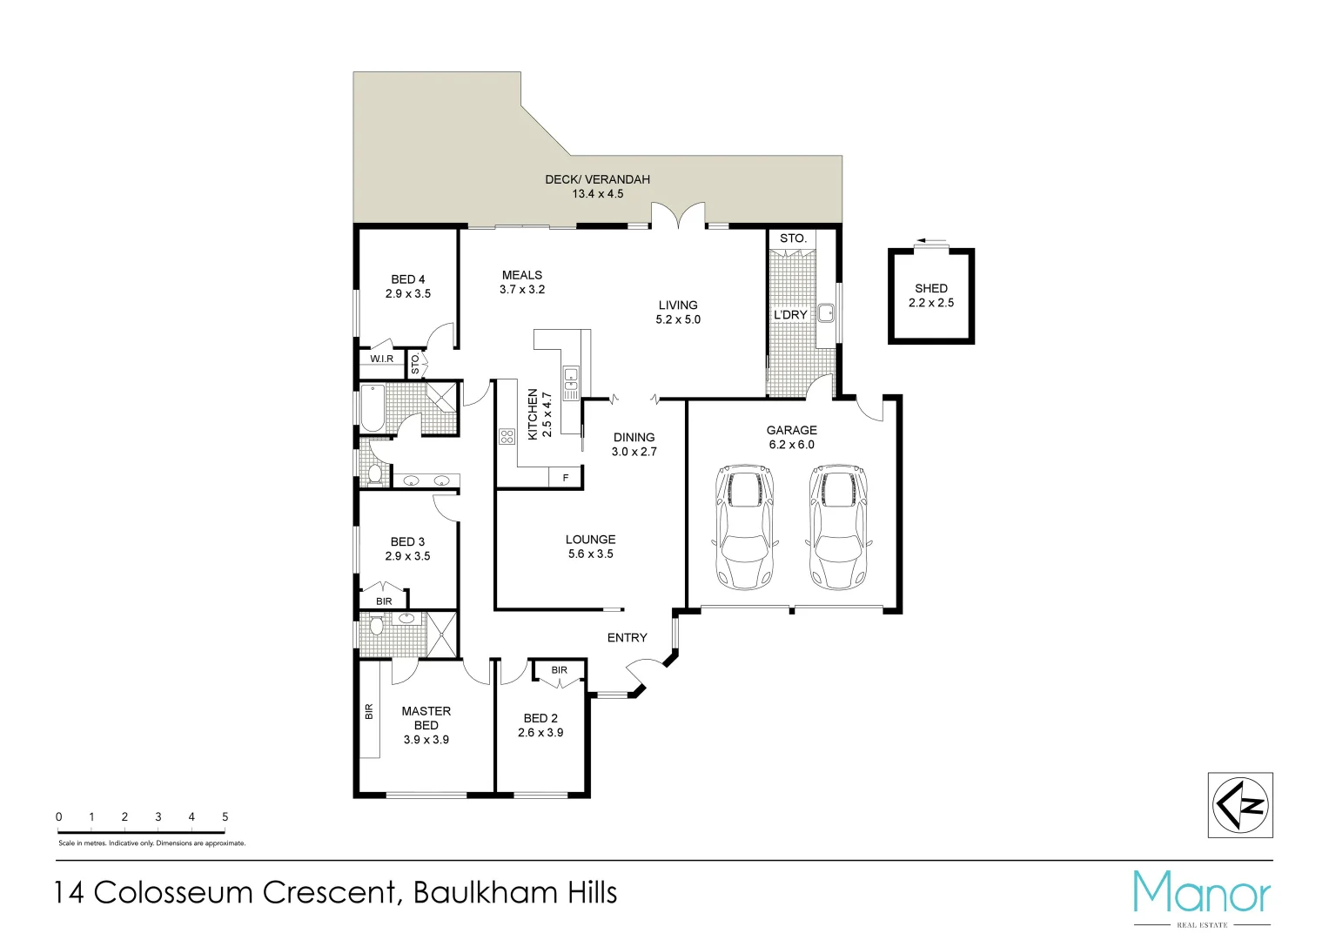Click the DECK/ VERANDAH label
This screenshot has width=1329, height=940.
597,179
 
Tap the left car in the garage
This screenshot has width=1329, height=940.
743,527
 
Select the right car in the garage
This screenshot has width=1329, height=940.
837,527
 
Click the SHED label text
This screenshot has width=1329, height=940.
930,288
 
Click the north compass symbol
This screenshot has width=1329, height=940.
1240,805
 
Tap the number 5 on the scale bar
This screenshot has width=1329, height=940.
225,816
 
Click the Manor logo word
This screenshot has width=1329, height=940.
1201,892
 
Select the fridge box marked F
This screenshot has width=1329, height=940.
566,478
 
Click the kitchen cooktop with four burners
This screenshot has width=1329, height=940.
507,436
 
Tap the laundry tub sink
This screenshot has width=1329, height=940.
825,312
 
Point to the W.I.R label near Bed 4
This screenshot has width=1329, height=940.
381,359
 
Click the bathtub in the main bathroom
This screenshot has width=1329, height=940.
373,408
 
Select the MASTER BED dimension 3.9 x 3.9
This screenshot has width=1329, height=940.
426,740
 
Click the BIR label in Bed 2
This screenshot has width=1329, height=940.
559,670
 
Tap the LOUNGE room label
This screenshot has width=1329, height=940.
590,540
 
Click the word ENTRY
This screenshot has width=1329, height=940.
627,638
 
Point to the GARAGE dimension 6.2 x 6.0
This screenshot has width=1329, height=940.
791,445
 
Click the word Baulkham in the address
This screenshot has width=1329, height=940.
486,893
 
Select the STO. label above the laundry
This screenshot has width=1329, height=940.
793,238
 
